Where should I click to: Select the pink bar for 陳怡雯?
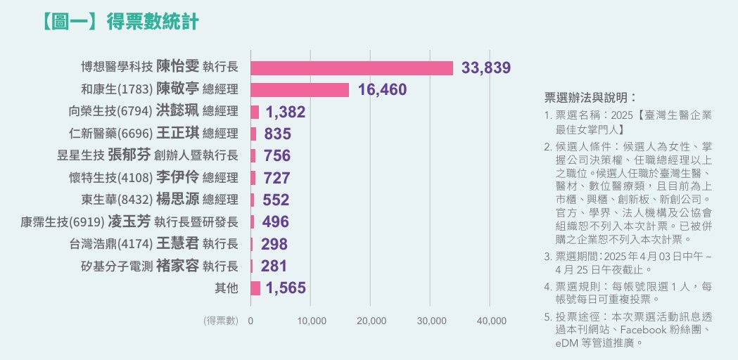[351, 68]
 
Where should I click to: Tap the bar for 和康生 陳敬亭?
[299, 90]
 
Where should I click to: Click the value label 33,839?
[485, 68]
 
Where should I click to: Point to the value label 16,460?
[382, 90]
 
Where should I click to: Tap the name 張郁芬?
[129, 155]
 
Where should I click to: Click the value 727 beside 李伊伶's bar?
[276, 178]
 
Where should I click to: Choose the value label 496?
[275, 222]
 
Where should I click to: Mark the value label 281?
[274, 266]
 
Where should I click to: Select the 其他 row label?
[227, 288]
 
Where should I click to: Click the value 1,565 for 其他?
[286, 288]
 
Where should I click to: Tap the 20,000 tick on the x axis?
[371, 321]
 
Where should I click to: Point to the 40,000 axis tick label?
[491, 321]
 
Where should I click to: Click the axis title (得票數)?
[222, 321]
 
